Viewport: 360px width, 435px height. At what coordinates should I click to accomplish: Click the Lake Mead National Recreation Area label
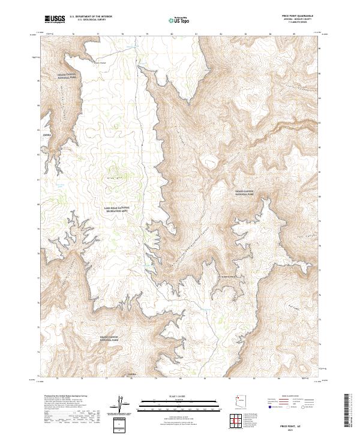click(116, 209)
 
